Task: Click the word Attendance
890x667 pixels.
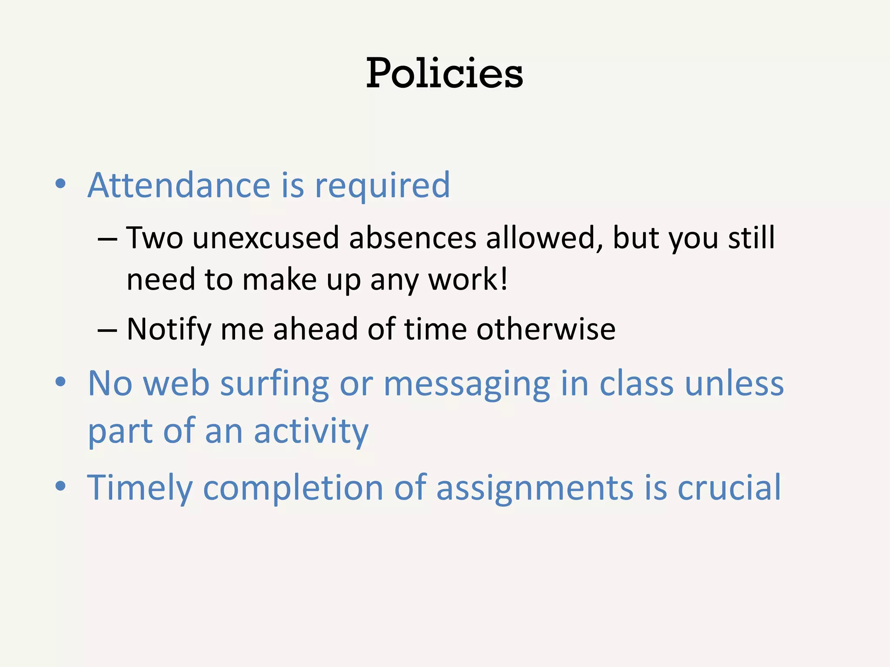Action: tap(179, 185)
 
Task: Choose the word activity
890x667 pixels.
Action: tap(311, 432)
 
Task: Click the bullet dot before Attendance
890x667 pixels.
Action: tap(60, 184)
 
